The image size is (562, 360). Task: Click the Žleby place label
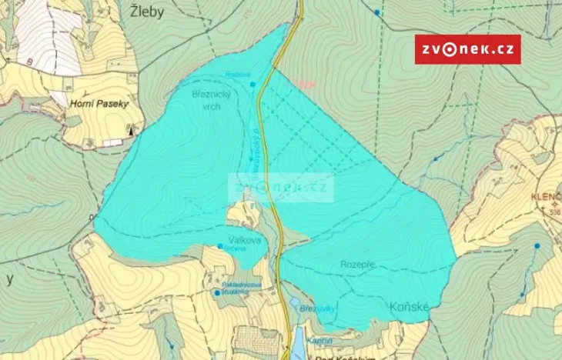click(146, 12)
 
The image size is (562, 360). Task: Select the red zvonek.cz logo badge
click(467, 49)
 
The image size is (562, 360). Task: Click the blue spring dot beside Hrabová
click(253, 84)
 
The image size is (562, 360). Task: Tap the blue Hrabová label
click(236, 75)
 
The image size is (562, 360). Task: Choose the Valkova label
click(244, 241)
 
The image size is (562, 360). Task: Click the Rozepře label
click(359, 264)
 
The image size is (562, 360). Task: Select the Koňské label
click(401, 306)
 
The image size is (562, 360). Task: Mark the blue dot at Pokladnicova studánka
click(216, 292)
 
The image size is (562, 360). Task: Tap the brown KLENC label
click(544, 197)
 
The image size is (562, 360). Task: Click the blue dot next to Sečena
click(220, 246)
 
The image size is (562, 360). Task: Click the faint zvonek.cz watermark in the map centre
click(281, 186)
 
